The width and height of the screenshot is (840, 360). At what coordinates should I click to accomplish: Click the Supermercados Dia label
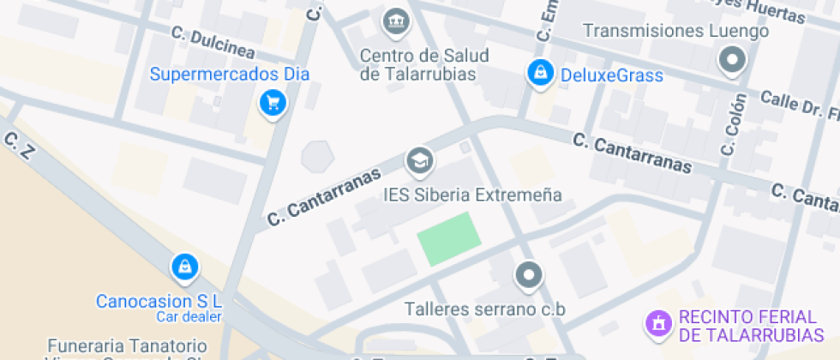tap(229, 74)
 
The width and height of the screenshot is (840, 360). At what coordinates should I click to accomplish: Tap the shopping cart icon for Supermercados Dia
tap(273, 104)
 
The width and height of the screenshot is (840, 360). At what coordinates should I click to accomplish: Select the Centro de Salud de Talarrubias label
tap(423, 65)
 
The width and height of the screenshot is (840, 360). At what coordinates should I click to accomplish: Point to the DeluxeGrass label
tap(611, 75)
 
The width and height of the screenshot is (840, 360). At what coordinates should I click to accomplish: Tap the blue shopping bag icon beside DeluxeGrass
tap(540, 74)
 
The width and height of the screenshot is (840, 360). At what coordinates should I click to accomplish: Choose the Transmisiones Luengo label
tap(675, 32)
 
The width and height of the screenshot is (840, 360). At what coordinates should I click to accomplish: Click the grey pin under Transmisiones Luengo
tap(732, 61)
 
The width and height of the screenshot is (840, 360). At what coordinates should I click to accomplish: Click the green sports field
tap(448, 237)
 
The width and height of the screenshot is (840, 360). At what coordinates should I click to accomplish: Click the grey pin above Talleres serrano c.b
tap(528, 276)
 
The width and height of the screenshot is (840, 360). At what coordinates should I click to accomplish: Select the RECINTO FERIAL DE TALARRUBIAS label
tap(751, 326)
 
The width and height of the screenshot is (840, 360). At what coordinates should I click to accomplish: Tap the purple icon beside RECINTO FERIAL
tap(657, 323)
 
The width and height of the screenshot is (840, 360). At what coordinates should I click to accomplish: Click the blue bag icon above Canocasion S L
tap(184, 267)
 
